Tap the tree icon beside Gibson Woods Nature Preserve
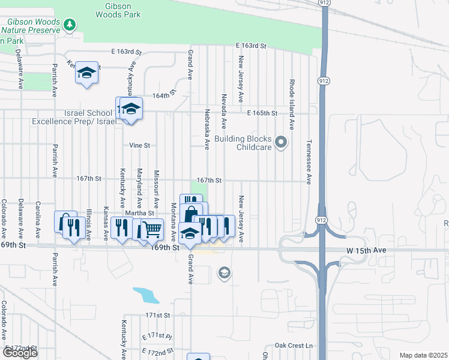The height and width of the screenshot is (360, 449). click(x=71, y=25)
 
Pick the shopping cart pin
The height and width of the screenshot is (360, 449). click(x=152, y=229)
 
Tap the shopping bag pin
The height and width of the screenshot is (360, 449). click(x=190, y=214)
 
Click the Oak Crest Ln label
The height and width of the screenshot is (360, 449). click(x=294, y=346)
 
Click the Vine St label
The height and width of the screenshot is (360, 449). click(x=140, y=145)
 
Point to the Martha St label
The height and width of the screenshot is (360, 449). click(x=140, y=213)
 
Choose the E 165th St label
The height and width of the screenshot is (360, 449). click(x=262, y=113)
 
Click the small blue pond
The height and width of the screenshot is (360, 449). click(x=146, y=294)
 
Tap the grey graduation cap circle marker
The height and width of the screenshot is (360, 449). click(x=224, y=274)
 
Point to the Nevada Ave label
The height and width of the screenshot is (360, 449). click(x=223, y=111)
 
